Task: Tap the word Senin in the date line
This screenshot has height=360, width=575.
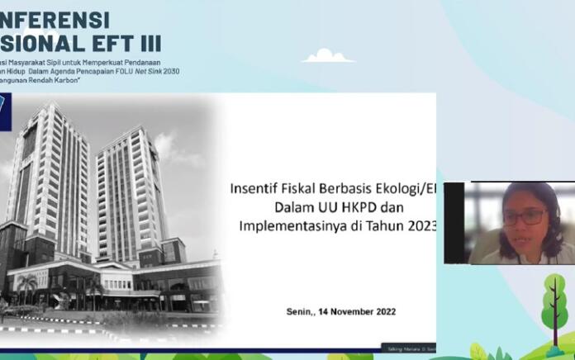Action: (x=300, y=311)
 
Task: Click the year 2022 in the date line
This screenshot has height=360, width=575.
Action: (x=384, y=311)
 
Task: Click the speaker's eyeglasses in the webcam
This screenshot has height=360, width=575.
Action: (x=524, y=217)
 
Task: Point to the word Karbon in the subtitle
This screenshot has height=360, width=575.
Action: (x=63, y=83)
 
